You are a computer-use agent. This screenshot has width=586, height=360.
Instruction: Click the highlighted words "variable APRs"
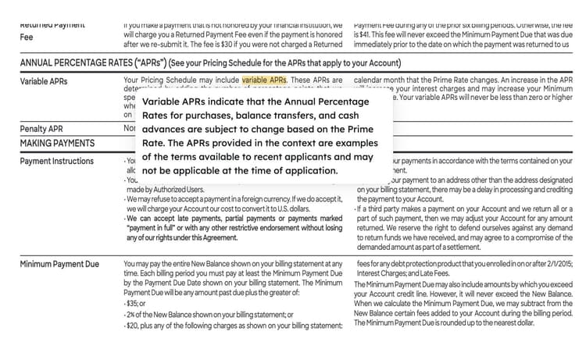(264, 80)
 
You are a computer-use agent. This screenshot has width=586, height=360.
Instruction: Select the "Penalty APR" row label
(41, 129)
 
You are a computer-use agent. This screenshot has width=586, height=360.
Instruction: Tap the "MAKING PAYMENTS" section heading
(57, 144)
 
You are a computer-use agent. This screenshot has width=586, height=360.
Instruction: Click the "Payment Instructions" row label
(57, 161)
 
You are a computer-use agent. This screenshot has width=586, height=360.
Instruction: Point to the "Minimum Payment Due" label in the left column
(59, 264)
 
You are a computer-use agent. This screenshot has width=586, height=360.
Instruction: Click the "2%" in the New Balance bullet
(132, 314)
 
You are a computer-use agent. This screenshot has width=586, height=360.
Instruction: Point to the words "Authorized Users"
(180, 189)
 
